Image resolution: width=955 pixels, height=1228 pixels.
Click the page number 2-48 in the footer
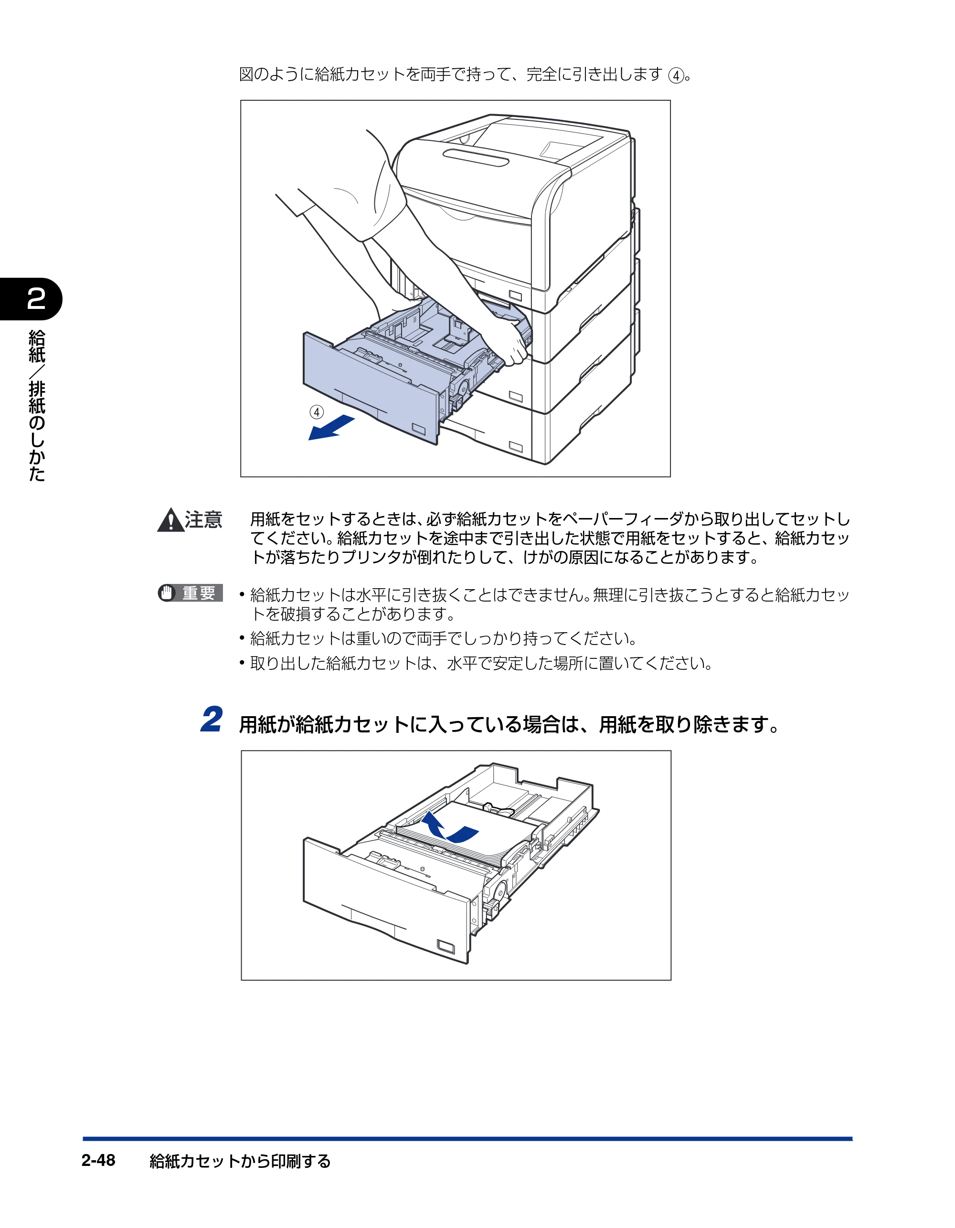click(x=98, y=1161)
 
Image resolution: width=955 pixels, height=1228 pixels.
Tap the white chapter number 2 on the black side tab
click(x=36, y=298)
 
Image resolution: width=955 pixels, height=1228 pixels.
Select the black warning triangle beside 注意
click(x=170, y=519)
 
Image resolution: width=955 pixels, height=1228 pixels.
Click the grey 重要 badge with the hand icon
click(x=190, y=593)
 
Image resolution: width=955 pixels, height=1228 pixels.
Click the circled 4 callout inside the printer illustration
click(x=317, y=412)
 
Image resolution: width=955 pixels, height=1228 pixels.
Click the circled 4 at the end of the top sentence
click(x=676, y=75)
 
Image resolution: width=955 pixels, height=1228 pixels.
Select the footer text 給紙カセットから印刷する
click(x=240, y=1161)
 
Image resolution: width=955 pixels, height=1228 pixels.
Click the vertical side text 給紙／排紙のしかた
click(x=37, y=405)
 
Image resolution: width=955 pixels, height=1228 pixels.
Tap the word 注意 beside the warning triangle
click(x=203, y=519)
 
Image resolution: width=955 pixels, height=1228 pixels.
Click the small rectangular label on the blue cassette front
click(x=419, y=429)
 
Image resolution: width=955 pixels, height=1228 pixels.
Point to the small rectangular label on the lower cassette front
click(x=446, y=946)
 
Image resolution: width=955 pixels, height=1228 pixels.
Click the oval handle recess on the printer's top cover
click(x=476, y=158)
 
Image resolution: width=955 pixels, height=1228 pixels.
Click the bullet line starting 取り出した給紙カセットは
click(x=476, y=664)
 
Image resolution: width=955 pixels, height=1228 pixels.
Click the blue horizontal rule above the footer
click(x=467, y=1139)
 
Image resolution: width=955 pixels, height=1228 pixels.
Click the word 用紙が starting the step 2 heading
click(x=267, y=724)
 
